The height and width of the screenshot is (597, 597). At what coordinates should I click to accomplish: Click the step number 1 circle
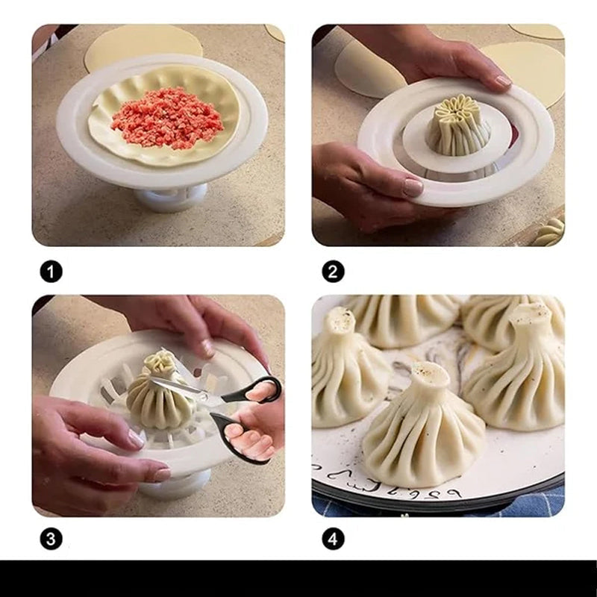click(51, 272)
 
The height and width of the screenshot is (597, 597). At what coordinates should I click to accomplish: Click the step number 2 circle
click(333, 272)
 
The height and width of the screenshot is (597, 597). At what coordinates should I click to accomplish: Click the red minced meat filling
click(167, 118)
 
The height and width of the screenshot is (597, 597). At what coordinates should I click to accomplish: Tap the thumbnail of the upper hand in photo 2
click(502, 80)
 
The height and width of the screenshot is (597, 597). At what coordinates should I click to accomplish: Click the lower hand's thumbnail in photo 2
click(413, 187)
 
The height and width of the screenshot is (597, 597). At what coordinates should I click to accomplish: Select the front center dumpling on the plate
click(422, 433)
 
